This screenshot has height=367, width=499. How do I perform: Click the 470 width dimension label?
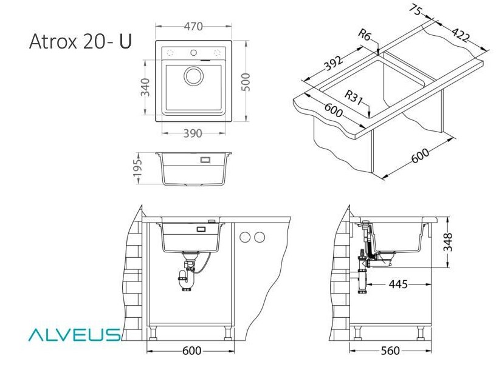click(193, 26)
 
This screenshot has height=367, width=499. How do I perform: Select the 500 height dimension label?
click(246, 82)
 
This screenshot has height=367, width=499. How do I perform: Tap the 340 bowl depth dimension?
click(145, 87)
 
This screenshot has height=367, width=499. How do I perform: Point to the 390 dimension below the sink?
click(193, 133)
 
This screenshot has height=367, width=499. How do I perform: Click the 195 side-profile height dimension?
click(137, 168)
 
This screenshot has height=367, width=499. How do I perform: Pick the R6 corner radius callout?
click(365, 35)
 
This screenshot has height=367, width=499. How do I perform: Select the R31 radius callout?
click(354, 97)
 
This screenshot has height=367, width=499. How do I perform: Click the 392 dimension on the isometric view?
click(333, 64)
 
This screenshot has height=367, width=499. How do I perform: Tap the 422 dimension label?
click(460, 35)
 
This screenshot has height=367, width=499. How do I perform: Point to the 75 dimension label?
click(416, 10)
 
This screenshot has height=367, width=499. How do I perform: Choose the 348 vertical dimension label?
click(448, 242)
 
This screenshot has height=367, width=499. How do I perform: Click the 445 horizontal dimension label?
click(397, 284)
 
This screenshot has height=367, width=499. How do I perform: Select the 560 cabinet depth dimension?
click(390, 351)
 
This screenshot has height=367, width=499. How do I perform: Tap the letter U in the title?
click(125, 41)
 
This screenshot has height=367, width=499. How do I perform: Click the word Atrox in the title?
click(53, 41)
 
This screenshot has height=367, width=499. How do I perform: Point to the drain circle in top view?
click(194, 76)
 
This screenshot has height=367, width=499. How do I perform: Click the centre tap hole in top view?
click(193, 52)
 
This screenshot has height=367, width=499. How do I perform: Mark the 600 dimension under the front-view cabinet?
click(191, 351)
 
